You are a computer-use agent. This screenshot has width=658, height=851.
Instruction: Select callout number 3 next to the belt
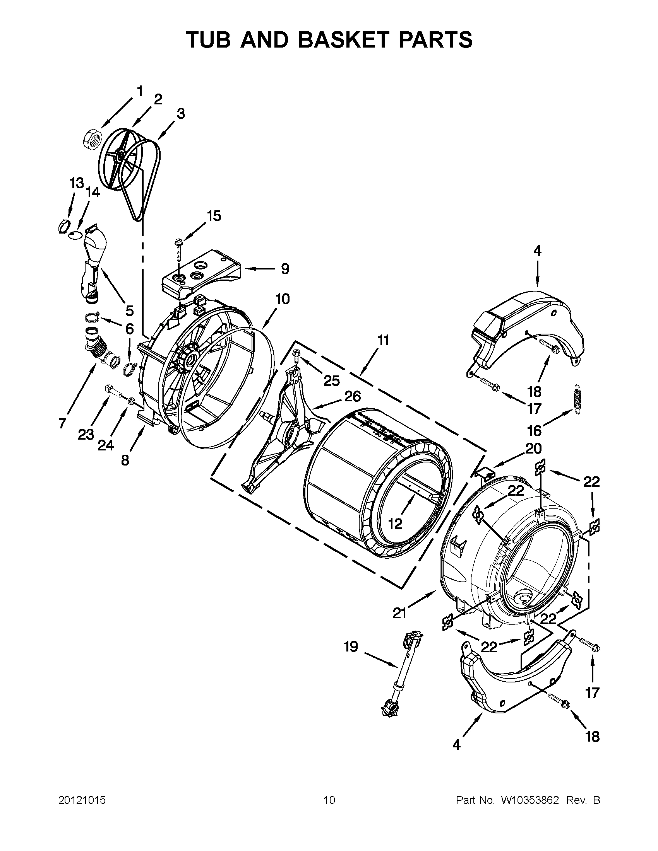[181, 114]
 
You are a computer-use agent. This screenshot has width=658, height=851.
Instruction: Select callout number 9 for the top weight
[285, 268]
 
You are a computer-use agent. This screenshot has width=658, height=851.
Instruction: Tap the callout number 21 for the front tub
[399, 614]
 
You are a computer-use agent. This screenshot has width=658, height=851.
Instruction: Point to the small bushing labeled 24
[132, 400]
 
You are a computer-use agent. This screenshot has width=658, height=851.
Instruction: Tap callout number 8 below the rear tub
[125, 460]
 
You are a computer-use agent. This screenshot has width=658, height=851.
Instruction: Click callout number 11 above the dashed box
[384, 340]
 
